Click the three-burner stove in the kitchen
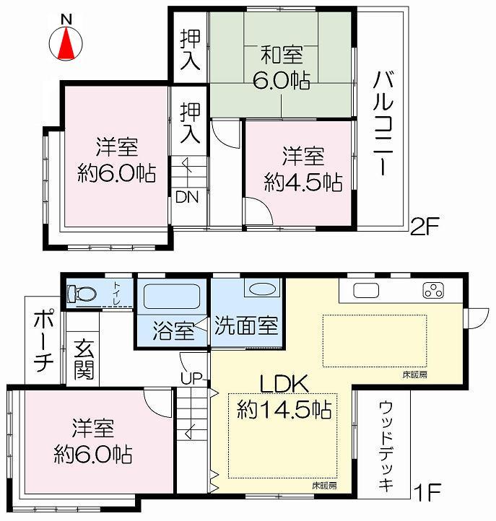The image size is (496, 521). (x=435, y=292)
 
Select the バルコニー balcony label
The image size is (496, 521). (x=383, y=123)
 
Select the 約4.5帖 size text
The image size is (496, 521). (x=303, y=182)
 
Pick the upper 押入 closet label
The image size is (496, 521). (x=190, y=48)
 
